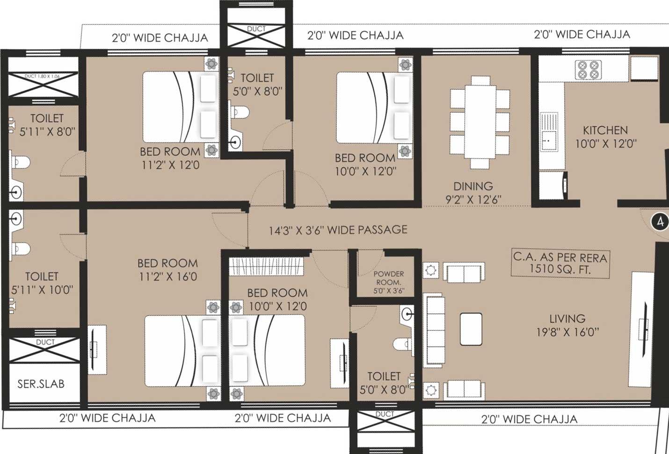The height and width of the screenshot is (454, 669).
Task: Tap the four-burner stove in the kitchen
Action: (588, 69)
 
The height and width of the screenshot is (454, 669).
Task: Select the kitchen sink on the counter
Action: (549, 132)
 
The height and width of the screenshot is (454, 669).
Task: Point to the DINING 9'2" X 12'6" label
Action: (473, 192)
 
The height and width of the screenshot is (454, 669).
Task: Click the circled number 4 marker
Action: (660, 221)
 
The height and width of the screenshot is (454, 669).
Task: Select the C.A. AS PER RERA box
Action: (560, 263)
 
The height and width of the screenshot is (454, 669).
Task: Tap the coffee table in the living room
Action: (471, 329)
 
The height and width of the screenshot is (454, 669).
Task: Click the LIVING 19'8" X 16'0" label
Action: (567, 325)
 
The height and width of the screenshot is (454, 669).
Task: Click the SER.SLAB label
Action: (41, 384)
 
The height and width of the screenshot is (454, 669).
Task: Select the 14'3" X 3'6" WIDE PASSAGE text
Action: (338, 230)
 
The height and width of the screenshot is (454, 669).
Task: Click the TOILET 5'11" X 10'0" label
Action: (42, 283)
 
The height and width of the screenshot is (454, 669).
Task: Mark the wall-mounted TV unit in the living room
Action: (643, 323)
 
